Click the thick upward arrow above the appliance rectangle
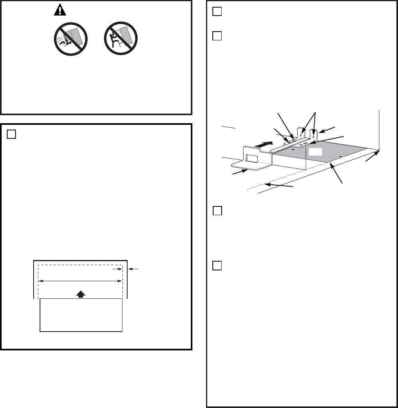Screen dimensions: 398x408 pyautogui.click(x=81, y=294)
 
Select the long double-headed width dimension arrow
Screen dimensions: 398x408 pyautogui.click(x=80, y=281)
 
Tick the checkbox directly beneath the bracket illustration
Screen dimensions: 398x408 pyautogui.click(x=217, y=210)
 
